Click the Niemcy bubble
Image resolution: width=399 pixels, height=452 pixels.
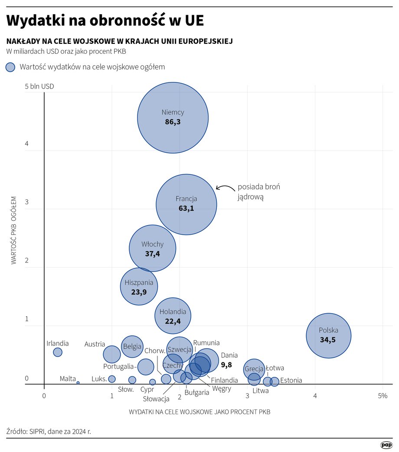(x=173, y=117)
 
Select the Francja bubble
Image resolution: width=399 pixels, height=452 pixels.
(x=186, y=204)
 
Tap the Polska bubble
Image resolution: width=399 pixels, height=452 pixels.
(x=328, y=335)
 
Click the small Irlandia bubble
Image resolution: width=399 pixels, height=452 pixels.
(x=58, y=352)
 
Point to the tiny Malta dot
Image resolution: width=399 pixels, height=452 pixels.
(x=78, y=383)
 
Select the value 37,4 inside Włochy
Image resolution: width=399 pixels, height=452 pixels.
(x=152, y=254)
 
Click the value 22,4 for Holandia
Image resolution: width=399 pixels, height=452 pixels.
(x=173, y=321)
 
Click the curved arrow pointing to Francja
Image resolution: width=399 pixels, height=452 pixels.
(x=224, y=188)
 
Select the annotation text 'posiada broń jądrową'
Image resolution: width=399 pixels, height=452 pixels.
(x=258, y=192)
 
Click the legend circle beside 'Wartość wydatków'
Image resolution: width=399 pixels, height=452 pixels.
(x=10, y=67)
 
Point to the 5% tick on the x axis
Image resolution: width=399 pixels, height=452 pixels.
(x=382, y=396)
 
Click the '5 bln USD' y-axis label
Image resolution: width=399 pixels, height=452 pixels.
(x=39, y=86)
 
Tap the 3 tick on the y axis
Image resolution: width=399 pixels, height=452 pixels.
(x=26, y=202)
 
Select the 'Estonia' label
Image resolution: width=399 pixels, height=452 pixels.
(x=291, y=380)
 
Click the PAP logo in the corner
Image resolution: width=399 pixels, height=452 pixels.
(x=386, y=445)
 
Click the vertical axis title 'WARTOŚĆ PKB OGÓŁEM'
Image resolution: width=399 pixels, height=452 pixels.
(x=14, y=230)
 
